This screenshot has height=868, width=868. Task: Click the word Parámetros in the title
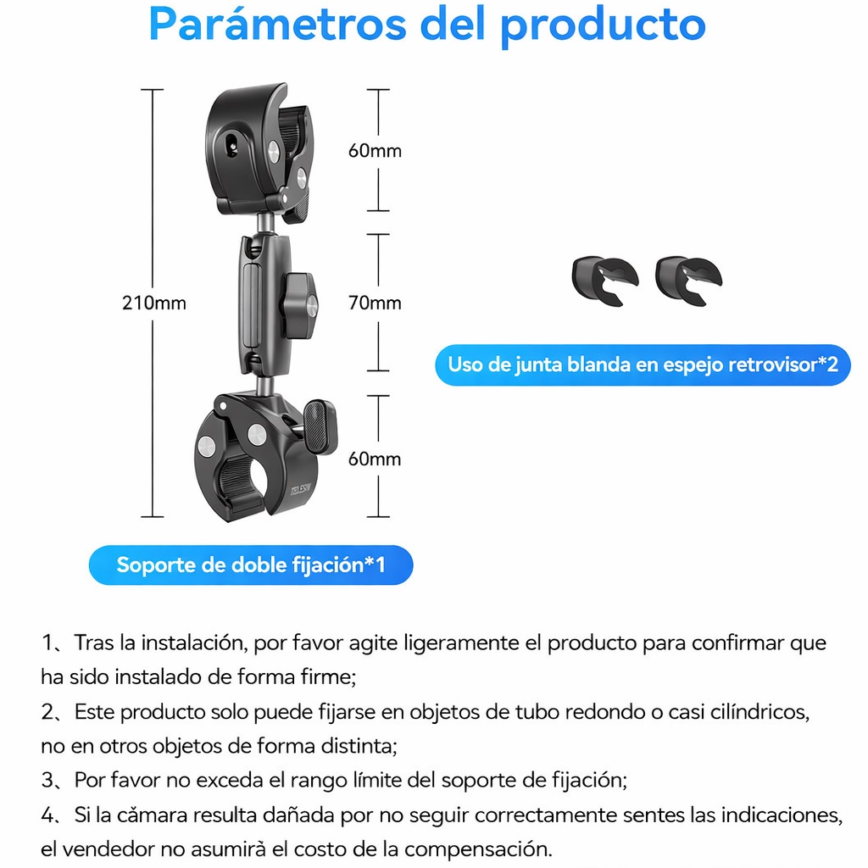(x=278, y=25)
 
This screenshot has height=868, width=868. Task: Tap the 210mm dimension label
(x=154, y=303)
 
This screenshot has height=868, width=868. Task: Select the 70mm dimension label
(x=375, y=303)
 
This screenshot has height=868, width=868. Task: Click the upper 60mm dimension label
(x=375, y=151)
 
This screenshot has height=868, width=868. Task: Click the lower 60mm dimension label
(x=375, y=459)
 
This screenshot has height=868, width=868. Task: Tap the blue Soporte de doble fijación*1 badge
(x=251, y=565)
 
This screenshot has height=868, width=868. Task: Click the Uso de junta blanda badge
(x=643, y=364)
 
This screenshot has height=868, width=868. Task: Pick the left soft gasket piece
(x=605, y=280)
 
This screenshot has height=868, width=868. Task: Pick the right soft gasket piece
(x=688, y=280)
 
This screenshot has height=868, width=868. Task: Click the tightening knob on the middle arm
(x=298, y=305)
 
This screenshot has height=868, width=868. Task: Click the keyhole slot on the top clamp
(x=232, y=143)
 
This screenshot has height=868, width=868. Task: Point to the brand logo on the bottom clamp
(x=301, y=489)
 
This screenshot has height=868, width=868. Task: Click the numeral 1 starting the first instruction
(x=47, y=643)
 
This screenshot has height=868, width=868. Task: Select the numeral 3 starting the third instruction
(x=47, y=780)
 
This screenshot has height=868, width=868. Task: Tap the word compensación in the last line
(x=478, y=849)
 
